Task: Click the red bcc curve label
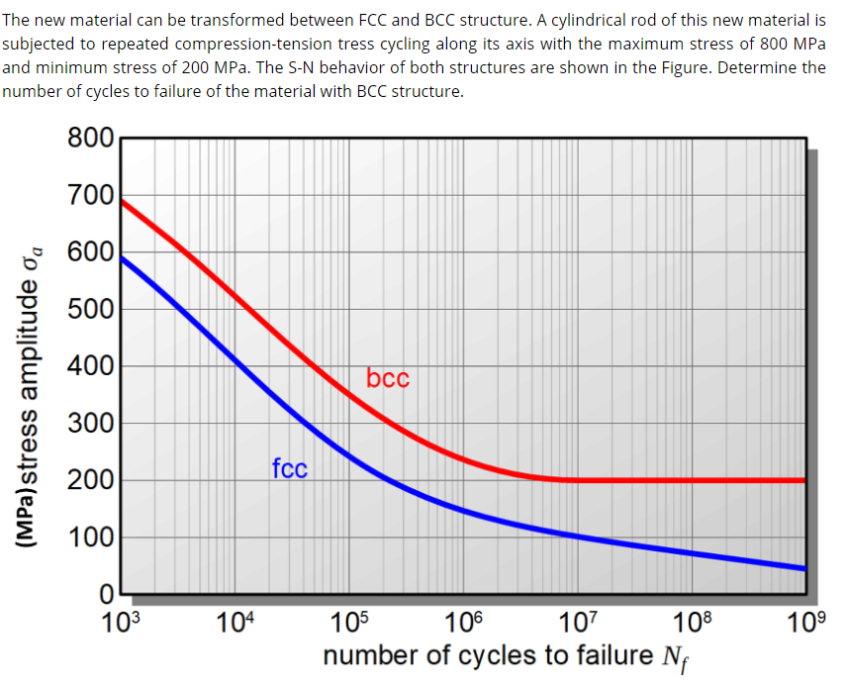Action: coord(387,378)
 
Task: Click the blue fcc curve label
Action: coord(290,468)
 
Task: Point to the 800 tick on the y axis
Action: coord(90,138)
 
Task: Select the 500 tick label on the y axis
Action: coord(90,310)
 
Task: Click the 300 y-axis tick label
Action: coord(90,425)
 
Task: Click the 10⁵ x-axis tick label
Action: coord(347,622)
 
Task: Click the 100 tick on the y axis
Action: coord(90,539)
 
